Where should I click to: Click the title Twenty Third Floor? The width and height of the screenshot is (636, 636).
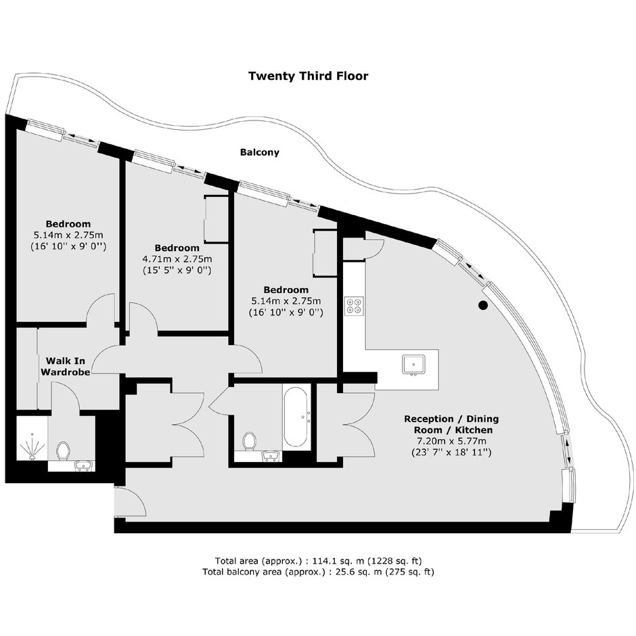309,76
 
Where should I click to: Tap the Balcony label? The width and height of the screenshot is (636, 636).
260,152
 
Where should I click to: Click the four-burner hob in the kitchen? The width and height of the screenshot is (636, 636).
354,306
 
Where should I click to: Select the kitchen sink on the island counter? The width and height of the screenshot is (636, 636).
413,364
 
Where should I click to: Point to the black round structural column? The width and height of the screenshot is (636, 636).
482,305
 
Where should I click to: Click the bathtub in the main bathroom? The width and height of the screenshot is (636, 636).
297,417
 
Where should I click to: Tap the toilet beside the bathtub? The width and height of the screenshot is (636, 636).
249,441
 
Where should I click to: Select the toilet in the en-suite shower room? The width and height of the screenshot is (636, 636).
63,451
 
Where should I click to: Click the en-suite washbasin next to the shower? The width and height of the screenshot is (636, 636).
85,466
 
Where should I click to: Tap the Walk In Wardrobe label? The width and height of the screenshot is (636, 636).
66,366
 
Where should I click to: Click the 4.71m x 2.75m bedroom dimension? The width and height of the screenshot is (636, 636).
177,258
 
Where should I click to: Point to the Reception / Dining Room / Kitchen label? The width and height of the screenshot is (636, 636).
451,424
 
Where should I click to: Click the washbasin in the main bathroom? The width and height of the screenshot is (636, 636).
270,456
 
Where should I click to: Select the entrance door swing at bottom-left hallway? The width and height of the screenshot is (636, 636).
130,502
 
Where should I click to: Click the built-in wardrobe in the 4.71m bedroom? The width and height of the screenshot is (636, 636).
217,219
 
